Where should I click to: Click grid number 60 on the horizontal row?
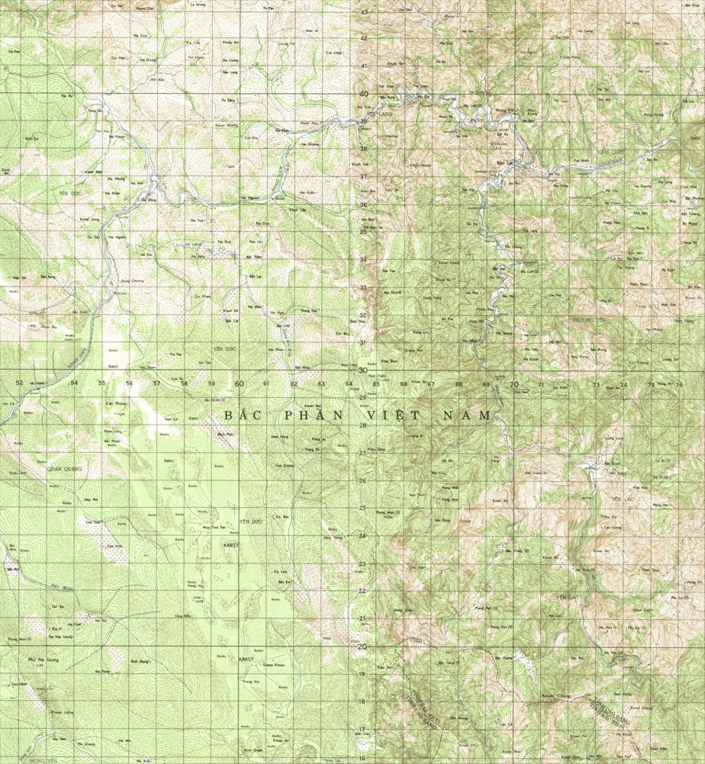239,384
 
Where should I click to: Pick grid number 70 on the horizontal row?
513,384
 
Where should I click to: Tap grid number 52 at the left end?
19,382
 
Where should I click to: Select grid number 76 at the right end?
678,385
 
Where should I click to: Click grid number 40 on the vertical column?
364,94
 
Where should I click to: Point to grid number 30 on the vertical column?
364,370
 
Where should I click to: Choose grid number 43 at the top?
364,12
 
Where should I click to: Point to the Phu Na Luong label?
38,658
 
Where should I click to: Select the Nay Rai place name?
92,499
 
